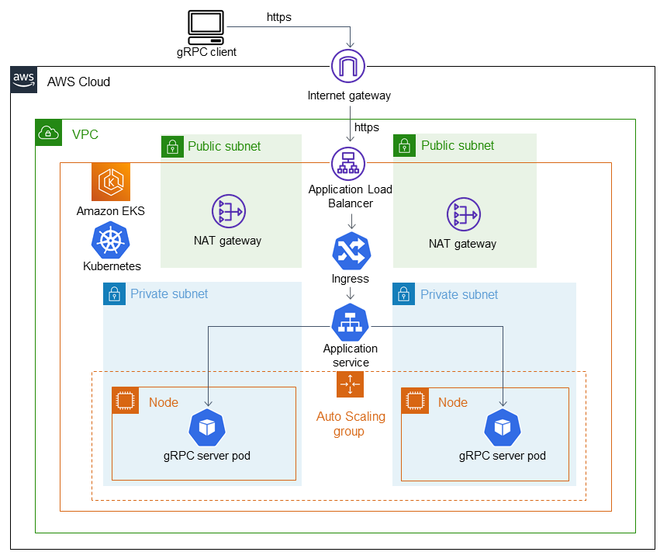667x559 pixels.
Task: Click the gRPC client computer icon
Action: [x=206, y=28]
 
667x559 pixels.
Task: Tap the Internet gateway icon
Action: [x=348, y=67]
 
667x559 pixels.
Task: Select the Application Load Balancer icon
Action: [x=348, y=164]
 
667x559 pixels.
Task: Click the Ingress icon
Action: [x=351, y=251]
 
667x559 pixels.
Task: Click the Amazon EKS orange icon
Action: [x=111, y=182]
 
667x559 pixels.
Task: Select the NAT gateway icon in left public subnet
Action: [x=228, y=212]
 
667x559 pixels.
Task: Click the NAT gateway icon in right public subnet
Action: [x=463, y=215]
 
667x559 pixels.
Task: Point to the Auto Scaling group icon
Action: [x=350, y=384]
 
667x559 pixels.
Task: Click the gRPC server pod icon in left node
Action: [x=207, y=428]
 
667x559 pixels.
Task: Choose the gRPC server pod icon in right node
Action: [x=503, y=428]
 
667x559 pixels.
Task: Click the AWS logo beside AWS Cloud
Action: [x=23, y=80]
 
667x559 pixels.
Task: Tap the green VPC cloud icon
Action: [x=49, y=133]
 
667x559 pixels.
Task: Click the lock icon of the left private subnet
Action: [x=114, y=293]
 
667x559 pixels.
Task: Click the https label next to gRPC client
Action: [x=278, y=16]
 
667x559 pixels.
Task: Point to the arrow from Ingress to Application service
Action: [x=351, y=293]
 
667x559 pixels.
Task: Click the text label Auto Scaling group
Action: [x=351, y=423]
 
